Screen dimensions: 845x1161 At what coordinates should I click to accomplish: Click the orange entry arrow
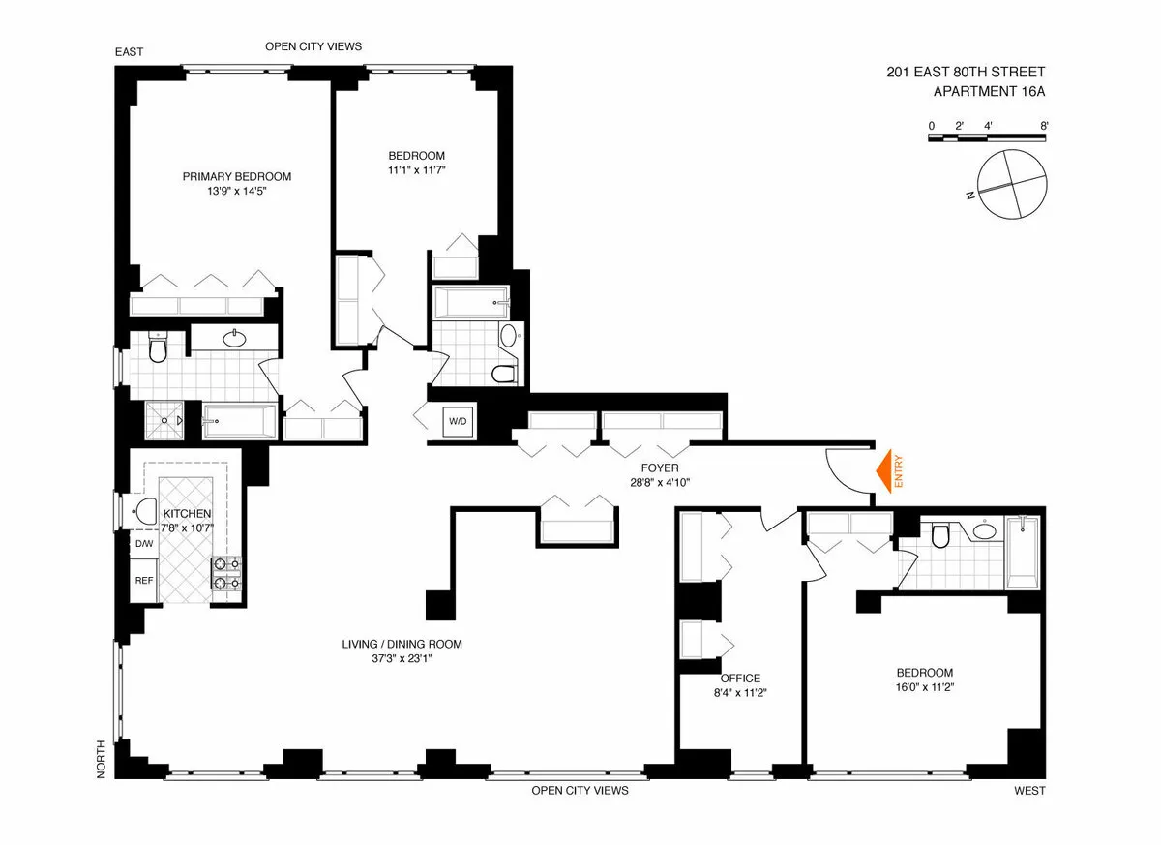[882, 471]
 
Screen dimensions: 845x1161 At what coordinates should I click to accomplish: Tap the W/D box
[457, 421]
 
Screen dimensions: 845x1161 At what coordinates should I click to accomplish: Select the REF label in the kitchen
[143, 581]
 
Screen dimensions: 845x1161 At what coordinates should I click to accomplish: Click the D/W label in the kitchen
[143, 544]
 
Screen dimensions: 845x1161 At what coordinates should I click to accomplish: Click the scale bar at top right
[988, 138]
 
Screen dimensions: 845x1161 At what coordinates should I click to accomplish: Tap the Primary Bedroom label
[237, 176]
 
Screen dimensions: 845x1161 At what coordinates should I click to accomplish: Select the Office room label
[740, 678]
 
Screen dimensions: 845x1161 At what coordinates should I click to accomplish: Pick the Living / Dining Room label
[402, 644]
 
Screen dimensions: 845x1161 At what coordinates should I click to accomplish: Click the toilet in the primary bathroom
[159, 347]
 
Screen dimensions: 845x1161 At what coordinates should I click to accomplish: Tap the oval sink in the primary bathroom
[234, 339]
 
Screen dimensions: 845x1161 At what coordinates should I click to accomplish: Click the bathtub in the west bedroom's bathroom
[1025, 552]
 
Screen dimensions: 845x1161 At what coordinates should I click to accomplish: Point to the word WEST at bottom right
[1029, 791]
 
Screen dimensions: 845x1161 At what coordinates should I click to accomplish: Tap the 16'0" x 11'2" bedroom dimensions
[924, 689]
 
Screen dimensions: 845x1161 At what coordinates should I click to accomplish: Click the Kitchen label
[187, 513]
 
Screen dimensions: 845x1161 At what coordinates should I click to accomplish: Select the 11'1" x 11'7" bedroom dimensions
[416, 170]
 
